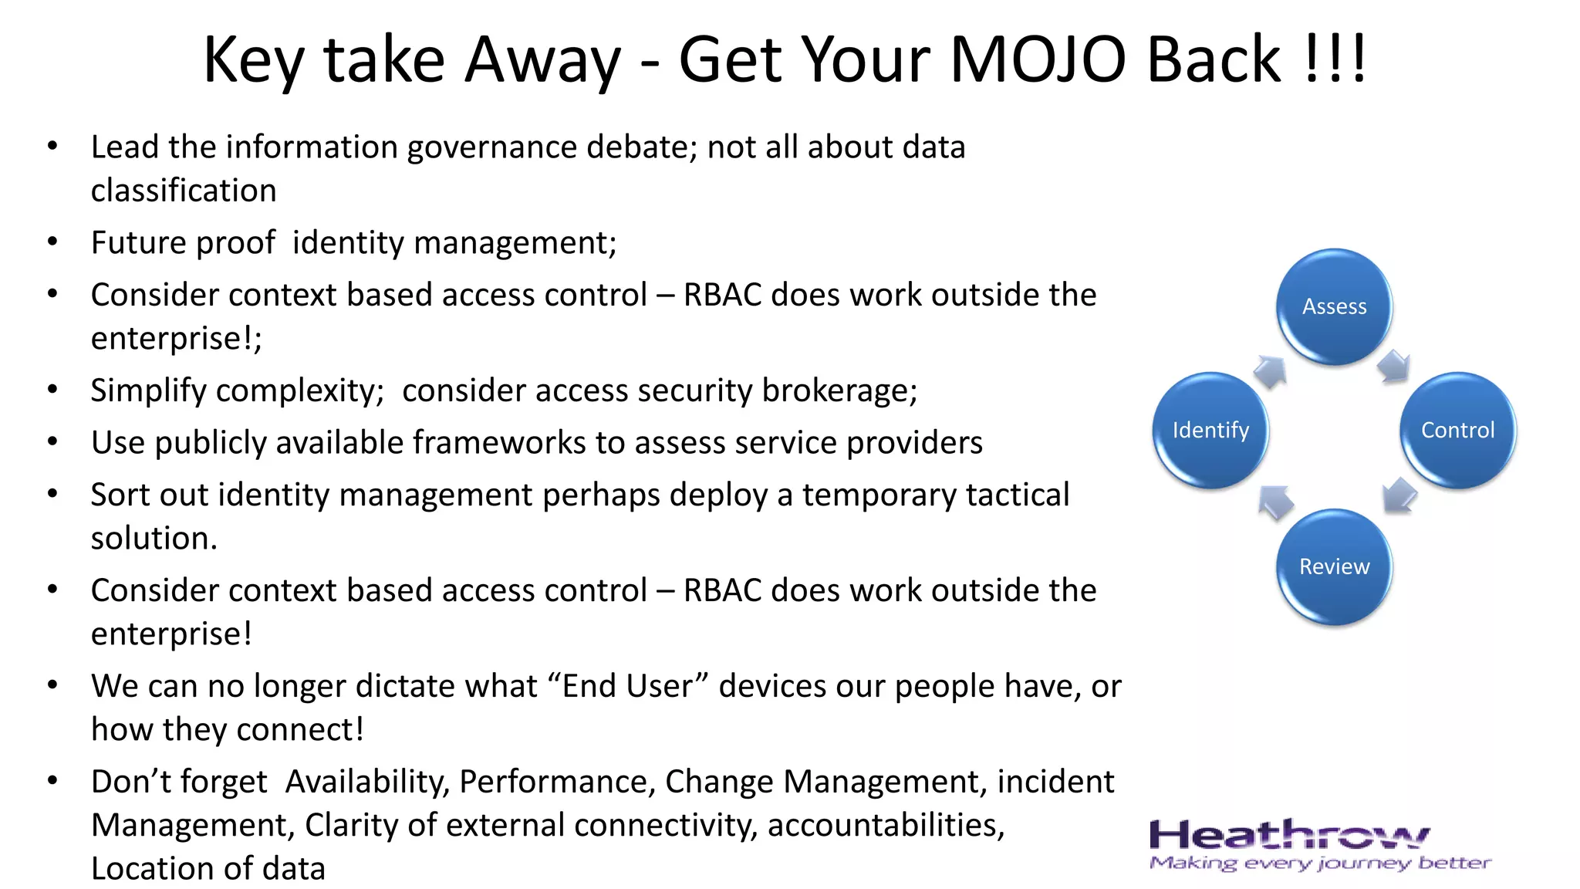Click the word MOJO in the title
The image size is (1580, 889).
point(1038,60)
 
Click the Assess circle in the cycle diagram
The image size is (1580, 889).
point(1334,306)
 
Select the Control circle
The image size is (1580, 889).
point(1457,430)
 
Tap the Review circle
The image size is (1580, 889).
point(1334,566)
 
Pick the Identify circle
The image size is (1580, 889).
point(1210,430)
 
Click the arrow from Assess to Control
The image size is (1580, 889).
point(1393,366)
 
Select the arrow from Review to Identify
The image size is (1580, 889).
point(1275,502)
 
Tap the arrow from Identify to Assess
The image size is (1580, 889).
point(1270,371)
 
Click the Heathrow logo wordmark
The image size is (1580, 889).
point(1288,836)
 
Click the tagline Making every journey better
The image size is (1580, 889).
point(1319,863)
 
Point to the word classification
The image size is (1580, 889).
point(184,191)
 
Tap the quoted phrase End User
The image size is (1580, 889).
point(628,686)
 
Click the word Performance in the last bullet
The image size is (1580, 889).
point(556,782)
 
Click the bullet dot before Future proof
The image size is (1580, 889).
point(52,242)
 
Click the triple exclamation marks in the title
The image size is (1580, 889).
point(1335,60)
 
